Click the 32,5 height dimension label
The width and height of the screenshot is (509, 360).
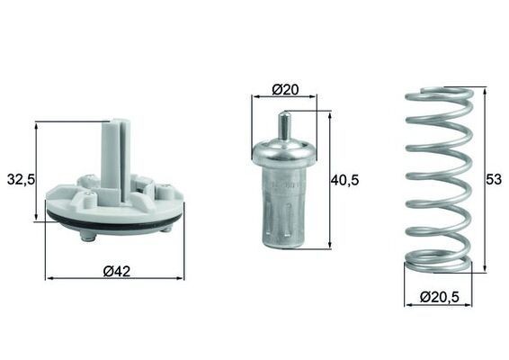click(19, 180)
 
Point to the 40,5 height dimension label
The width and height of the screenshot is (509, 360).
click(344, 180)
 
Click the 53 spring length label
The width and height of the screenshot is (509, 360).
click(493, 179)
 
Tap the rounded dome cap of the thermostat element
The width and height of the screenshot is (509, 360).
click(283, 150)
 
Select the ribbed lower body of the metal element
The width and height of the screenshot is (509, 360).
click(283, 211)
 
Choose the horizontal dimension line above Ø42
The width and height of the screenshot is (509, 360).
click(114, 278)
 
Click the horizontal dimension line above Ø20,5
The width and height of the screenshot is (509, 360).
click(437, 304)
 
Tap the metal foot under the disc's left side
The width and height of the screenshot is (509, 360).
click(87, 236)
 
